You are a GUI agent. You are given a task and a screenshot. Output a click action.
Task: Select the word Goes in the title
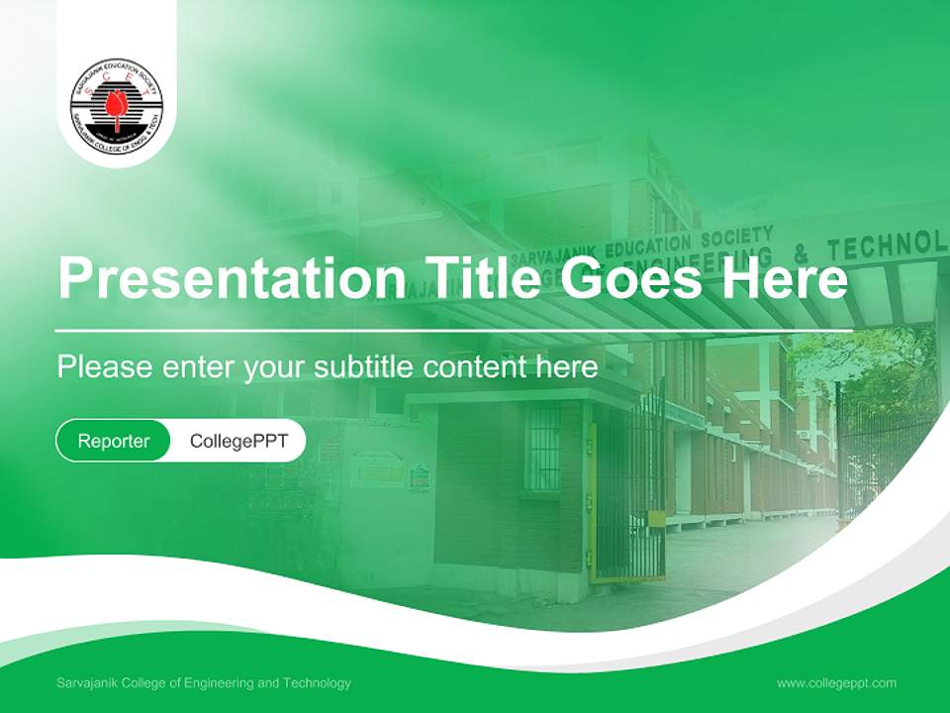tap(632, 278)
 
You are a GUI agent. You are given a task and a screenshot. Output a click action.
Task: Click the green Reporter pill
tap(113, 441)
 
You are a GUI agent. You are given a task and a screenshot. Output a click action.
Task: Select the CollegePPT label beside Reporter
tap(238, 441)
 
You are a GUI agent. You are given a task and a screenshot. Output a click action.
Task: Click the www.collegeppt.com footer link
tap(836, 683)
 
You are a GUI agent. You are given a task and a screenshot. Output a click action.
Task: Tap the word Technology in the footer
tap(317, 683)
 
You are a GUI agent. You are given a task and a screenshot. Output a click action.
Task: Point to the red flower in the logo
tap(117, 105)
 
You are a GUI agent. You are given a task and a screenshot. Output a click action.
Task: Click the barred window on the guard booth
tap(542, 445)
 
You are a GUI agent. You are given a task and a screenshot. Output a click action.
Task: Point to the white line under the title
tap(454, 330)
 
